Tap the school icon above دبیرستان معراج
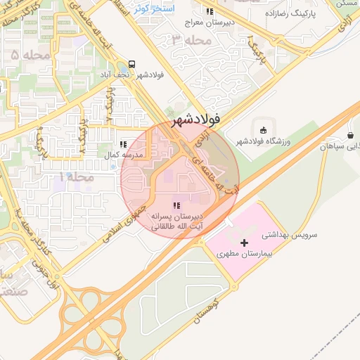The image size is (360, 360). coord(210,12)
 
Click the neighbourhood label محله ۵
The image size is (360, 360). coord(26,53)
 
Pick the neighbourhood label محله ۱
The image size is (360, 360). coord(76,177)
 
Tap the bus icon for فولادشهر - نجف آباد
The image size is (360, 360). coord(133,63)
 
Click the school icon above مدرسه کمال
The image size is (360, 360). coord(124,144)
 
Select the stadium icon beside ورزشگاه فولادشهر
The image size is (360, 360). coord(263,129)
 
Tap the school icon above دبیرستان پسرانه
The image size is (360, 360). coord(176,205)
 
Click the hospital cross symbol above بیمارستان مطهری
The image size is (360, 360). coord(245,242)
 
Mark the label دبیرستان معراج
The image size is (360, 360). coord(209,23)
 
